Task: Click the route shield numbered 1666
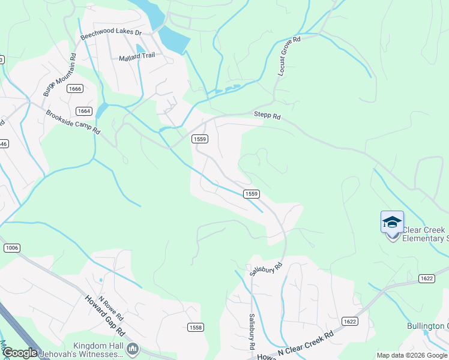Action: pyautogui.click(x=75, y=89)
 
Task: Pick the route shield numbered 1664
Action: pyautogui.click(x=83, y=110)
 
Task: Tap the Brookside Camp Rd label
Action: pyautogui.click(x=73, y=122)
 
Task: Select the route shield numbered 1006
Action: pyautogui.click(x=11, y=248)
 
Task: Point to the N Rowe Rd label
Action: pyautogui.click(x=110, y=308)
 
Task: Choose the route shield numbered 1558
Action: pyautogui.click(x=196, y=327)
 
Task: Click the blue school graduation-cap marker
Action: pyautogui.click(x=392, y=223)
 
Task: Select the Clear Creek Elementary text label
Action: pyautogui.click(x=425, y=234)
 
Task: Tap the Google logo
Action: pyautogui.click(x=20, y=353)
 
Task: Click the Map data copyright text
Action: pyautogui.click(x=411, y=355)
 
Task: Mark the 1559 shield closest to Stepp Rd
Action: pyautogui.click(x=200, y=139)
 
